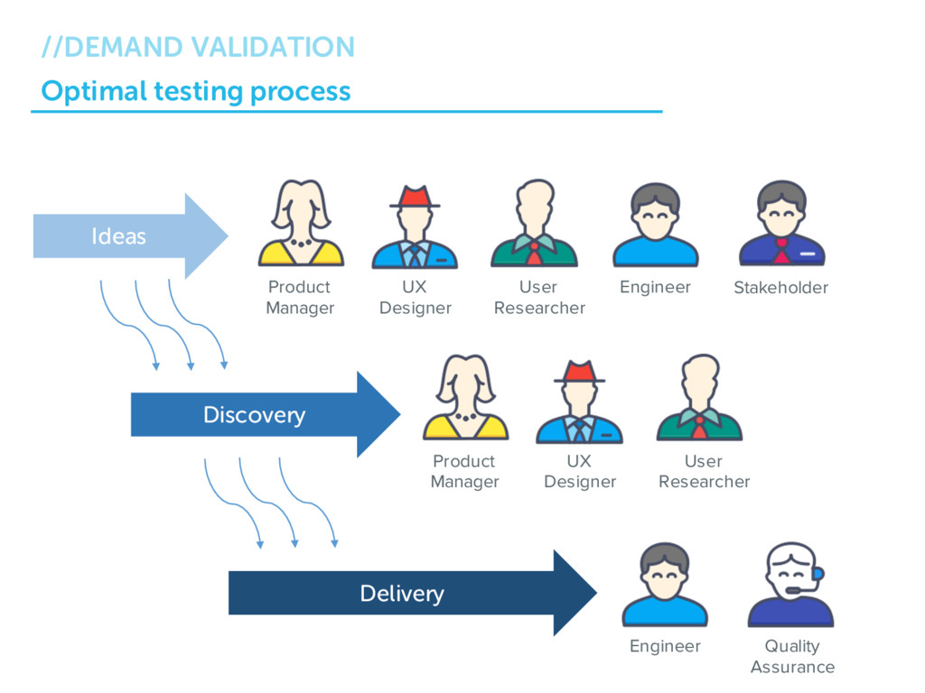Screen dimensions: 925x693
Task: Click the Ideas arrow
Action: pos(131,236)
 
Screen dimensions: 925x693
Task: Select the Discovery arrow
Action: pos(266,414)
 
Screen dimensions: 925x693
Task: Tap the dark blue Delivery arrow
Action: pos(413,593)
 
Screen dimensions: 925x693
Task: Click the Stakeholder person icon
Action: pos(781,223)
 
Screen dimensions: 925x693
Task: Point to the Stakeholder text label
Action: pos(781,288)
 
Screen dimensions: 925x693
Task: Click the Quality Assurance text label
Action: pos(792,657)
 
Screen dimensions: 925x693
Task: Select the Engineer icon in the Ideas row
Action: pos(656,225)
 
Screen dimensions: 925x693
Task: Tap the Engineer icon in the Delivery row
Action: pos(665,584)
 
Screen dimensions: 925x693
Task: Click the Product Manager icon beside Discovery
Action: pos(465,397)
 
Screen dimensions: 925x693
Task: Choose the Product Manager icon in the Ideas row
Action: pos(301,223)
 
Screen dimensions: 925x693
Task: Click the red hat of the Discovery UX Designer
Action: pos(579,372)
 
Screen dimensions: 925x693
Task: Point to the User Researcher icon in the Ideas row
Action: pos(535,223)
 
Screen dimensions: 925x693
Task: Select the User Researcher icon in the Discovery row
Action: pos(700,397)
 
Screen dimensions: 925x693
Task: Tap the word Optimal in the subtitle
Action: pos(94,91)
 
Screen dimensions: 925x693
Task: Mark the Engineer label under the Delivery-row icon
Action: pos(665,646)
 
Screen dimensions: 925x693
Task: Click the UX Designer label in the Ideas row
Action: pos(416,298)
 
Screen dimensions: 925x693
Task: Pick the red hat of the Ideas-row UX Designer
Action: pos(415,197)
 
